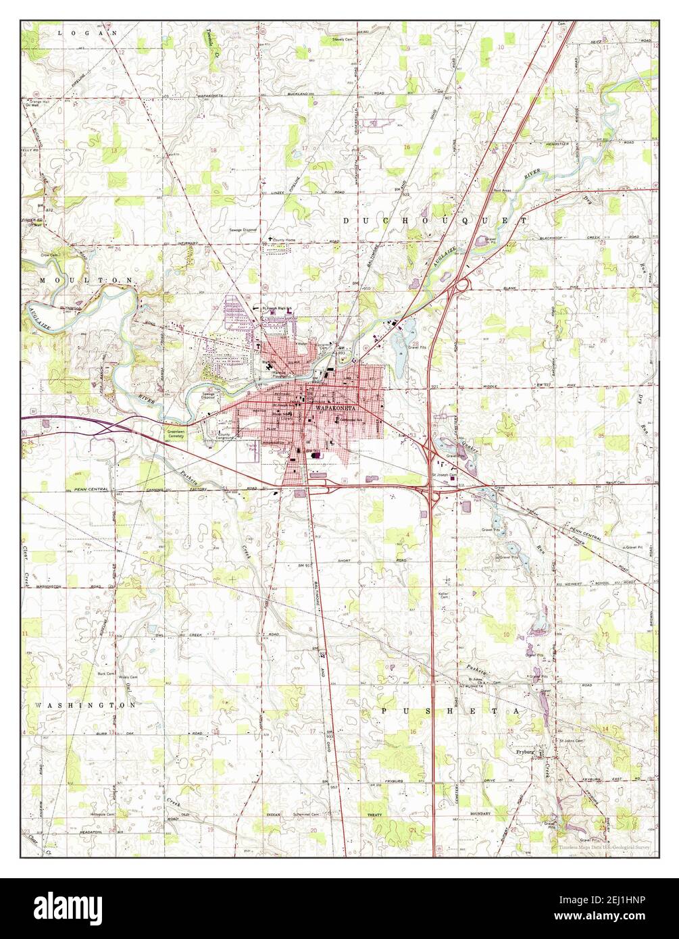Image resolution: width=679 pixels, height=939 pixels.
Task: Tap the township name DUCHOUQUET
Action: point(435,221)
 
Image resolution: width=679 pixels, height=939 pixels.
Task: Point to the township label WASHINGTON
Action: point(84,705)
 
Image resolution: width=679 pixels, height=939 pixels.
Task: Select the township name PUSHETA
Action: point(455,711)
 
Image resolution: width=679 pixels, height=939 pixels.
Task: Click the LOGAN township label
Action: point(88,32)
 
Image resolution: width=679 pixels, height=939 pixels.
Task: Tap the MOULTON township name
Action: point(88,280)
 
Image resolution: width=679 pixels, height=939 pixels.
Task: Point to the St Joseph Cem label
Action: point(444,476)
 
